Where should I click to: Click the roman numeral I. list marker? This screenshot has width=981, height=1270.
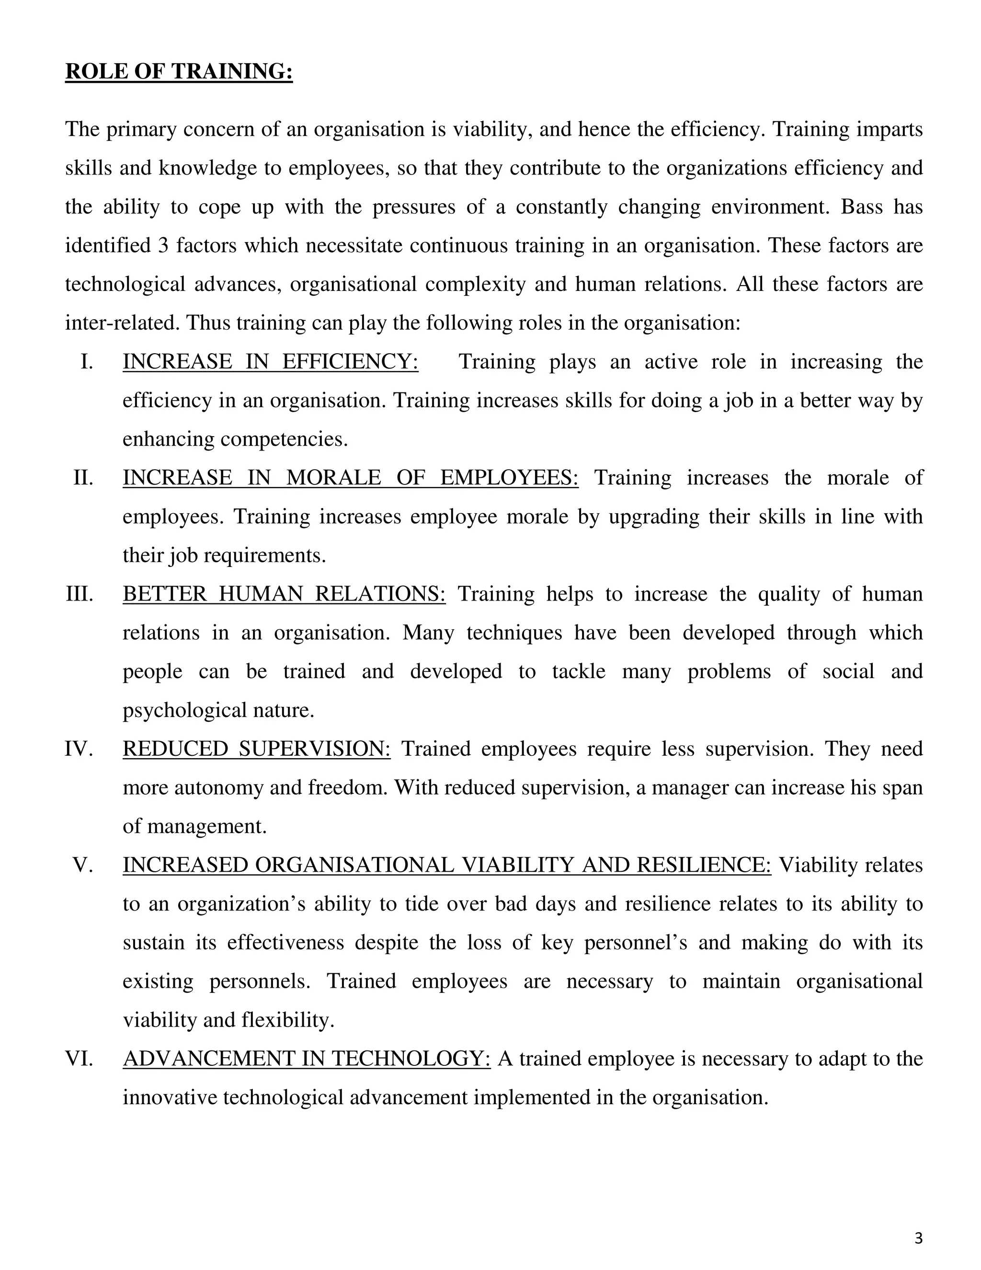(x=87, y=362)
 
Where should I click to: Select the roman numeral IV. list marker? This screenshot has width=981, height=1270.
(x=79, y=749)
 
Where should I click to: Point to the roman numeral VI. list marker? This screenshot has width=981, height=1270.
(x=79, y=1058)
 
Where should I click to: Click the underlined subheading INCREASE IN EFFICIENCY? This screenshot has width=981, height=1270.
(x=270, y=362)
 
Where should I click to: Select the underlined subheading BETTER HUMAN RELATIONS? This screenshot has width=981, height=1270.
(x=284, y=594)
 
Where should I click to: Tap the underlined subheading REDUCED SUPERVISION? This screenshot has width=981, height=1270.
(x=256, y=749)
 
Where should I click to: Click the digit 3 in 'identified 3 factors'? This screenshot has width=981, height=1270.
(x=163, y=245)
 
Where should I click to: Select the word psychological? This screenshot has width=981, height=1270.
(x=183, y=711)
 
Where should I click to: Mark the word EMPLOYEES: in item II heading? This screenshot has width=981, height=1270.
(x=509, y=478)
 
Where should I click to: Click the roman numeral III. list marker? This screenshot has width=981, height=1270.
(x=79, y=594)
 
